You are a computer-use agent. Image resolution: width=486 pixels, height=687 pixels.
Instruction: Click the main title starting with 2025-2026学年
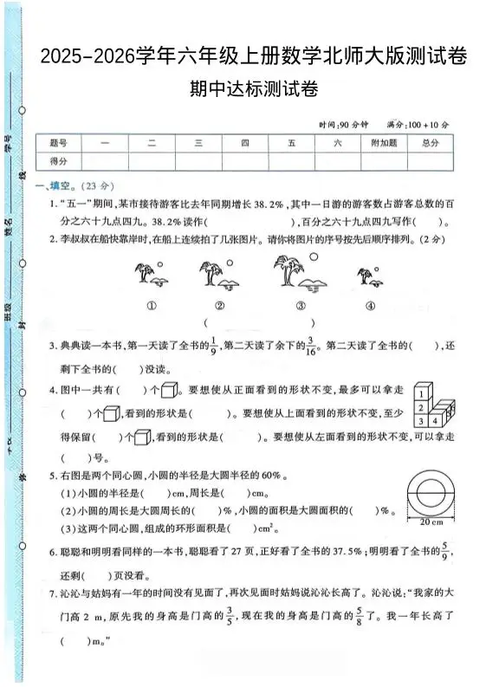(x=252, y=58)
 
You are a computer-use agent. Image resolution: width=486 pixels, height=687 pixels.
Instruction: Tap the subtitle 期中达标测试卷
(x=252, y=87)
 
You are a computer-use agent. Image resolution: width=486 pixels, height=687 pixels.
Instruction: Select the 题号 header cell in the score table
(x=59, y=143)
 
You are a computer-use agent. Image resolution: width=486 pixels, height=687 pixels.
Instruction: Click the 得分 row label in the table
(x=59, y=161)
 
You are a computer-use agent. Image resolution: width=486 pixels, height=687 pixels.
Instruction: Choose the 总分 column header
(x=431, y=143)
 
